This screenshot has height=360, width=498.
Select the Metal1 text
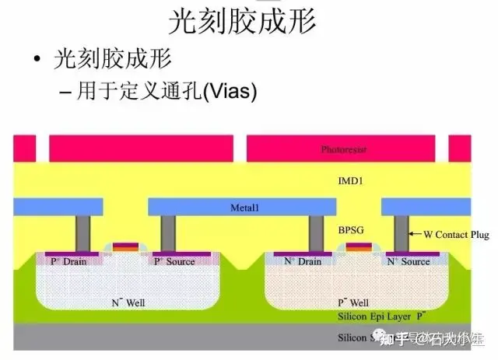244,208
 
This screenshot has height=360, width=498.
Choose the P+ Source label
174,261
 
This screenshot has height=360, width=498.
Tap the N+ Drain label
303,261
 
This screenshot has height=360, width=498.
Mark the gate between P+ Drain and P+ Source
124,248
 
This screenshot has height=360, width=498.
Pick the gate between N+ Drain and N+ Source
358,248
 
